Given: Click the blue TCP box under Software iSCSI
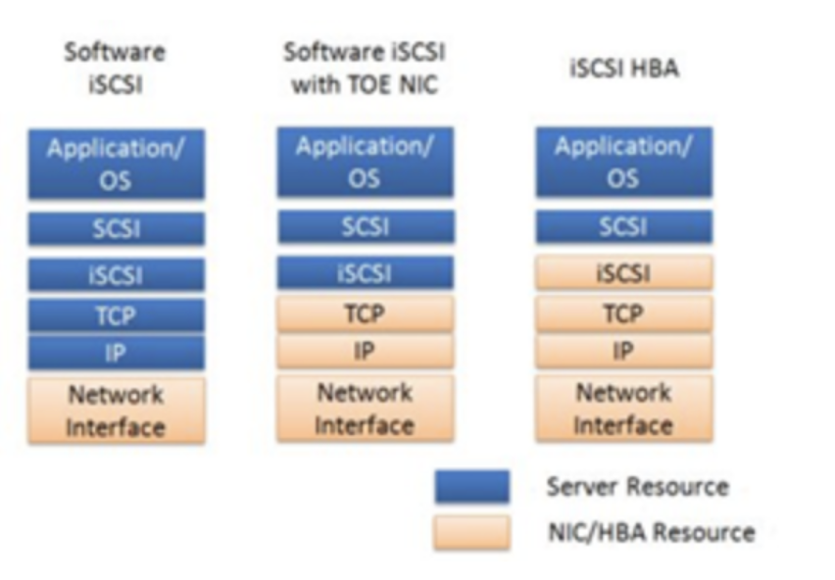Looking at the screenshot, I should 116,315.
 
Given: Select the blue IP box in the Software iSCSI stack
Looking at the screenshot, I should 116,353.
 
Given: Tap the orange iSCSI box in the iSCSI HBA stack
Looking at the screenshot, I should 623,273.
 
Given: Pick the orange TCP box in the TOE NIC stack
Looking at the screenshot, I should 365,314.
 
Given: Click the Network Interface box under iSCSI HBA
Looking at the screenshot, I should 623,409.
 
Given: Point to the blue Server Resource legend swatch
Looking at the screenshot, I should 471,487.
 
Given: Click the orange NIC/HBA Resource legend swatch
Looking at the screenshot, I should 471,532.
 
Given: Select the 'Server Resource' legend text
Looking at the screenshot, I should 637,487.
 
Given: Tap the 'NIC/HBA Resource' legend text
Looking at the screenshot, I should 651,532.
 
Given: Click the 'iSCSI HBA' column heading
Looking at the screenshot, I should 623,69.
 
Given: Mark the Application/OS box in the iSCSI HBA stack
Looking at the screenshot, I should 623,163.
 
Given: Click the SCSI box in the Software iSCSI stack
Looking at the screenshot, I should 116,228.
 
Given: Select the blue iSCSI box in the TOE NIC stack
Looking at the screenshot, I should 365,272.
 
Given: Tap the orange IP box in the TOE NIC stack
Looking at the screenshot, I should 365,351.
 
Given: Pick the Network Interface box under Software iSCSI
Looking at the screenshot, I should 116,411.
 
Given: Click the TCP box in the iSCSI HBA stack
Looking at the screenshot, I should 623,314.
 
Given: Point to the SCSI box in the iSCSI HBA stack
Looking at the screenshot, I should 623,226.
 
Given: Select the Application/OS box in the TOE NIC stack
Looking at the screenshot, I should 365,163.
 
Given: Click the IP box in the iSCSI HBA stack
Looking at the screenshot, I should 623,351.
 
